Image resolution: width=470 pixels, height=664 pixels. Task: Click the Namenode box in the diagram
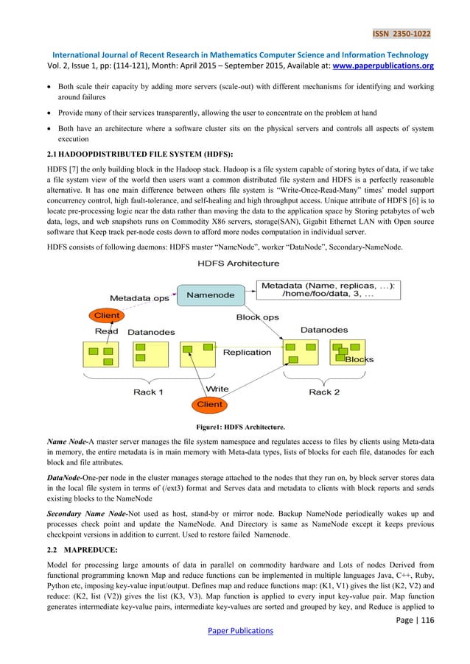tap(211, 295)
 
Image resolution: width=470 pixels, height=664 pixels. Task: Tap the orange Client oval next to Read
tap(105, 315)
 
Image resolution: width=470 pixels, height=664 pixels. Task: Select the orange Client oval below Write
tap(209, 404)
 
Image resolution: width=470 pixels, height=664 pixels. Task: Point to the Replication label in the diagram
tap(247, 352)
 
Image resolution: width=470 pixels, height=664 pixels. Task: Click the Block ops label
tap(258, 317)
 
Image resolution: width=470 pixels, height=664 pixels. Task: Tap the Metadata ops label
tap(140, 298)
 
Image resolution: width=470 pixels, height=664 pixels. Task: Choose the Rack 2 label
tap(324, 392)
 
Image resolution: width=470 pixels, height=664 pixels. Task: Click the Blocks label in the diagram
tap(359, 360)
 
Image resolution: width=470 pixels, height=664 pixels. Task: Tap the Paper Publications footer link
tap(235, 630)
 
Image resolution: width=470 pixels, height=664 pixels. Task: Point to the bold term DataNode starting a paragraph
tap(57, 477)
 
